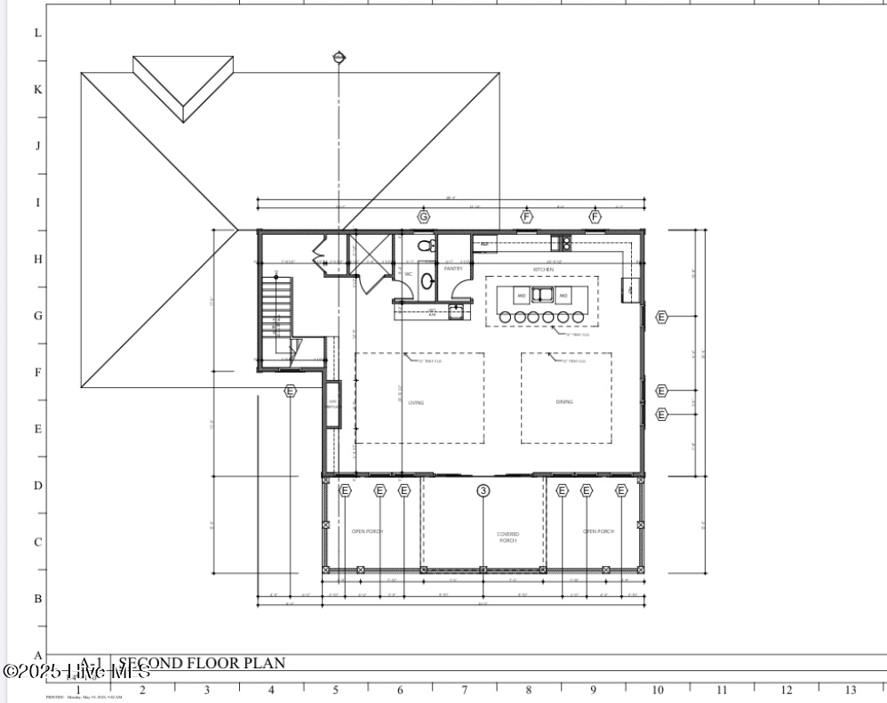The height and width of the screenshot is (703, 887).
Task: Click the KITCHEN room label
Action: [x=543, y=269]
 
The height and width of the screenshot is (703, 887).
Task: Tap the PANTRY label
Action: [x=453, y=269]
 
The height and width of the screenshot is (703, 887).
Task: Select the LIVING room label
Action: [x=416, y=402]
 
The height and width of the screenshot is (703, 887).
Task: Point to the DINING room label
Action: [x=564, y=402]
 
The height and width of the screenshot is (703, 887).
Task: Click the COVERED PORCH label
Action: [x=507, y=537]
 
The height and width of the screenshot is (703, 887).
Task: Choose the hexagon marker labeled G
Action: [x=424, y=216]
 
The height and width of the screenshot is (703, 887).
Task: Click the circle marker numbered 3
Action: [x=483, y=490]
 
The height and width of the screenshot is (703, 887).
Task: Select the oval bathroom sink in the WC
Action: [x=428, y=282]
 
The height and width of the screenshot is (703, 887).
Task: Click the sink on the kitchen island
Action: [x=542, y=295]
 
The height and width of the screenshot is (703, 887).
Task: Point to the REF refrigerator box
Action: [x=485, y=242]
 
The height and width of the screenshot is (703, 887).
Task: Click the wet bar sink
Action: [x=456, y=311]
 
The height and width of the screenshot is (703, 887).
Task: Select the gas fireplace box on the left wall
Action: [x=333, y=404]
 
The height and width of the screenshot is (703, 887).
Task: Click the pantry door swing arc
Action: [x=460, y=290]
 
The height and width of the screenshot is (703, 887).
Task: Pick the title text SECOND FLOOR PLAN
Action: [x=202, y=663]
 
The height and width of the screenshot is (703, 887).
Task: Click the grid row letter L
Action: [x=37, y=33]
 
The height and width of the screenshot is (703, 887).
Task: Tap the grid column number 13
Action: [x=851, y=690]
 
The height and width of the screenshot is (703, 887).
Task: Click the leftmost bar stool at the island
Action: [x=506, y=317]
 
